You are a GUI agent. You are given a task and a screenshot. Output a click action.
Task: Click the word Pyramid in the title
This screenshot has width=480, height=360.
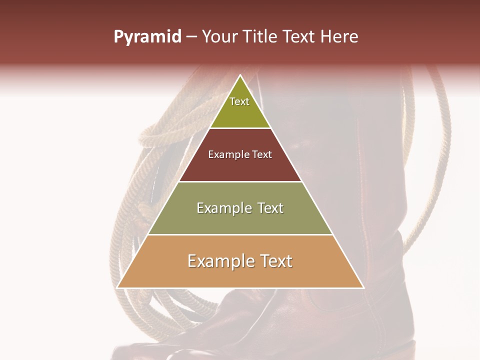147,37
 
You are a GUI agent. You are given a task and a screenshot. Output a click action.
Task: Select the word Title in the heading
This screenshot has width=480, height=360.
262,37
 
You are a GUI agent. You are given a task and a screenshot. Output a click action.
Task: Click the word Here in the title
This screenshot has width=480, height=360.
339,37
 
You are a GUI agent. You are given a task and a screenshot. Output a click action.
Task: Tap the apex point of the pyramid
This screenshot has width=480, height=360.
240,75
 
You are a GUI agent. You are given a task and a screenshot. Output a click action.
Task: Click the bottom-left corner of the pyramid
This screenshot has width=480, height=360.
118,287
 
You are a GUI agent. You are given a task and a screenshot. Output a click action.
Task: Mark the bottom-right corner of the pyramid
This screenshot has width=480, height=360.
363,287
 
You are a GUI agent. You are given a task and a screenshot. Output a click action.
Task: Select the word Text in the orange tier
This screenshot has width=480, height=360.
274,261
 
